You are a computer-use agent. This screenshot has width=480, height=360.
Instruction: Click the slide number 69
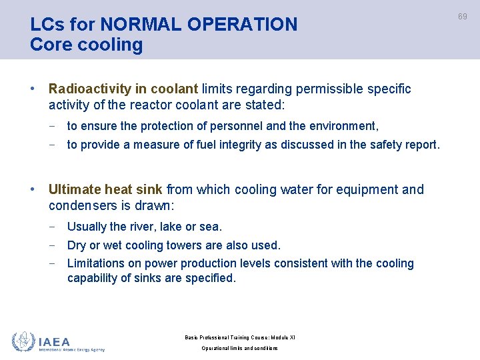coord(462,16)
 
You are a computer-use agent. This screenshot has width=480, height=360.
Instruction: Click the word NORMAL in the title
coord(137,25)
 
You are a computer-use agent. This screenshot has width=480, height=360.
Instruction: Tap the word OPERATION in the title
coord(243,25)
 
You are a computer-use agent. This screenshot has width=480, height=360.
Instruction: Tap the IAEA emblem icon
coord(23,341)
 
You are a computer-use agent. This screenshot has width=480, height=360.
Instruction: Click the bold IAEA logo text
coord(54,341)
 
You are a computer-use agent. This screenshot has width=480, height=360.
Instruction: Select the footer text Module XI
coord(279,337)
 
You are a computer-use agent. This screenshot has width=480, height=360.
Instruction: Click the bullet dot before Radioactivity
coord(33,89)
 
